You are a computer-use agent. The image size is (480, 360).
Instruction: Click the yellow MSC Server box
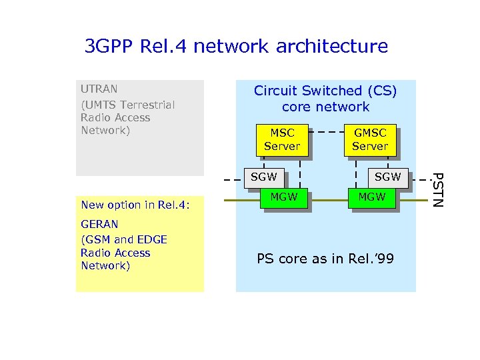[282, 139]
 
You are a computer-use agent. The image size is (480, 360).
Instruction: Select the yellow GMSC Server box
[370, 139]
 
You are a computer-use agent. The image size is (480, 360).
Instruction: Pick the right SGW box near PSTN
[387, 177]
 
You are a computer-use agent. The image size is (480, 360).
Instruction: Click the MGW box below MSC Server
[284, 197]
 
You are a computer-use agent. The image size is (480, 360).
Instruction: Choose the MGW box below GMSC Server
[371, 197]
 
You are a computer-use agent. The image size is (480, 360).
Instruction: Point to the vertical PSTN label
[436, 189]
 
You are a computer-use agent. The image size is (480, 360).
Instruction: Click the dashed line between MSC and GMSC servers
[326, 132]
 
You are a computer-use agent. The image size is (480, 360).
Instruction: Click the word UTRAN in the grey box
[99, 89]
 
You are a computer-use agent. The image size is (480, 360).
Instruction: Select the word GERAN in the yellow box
[99, 225]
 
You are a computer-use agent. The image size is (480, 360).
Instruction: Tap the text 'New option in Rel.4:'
[135, 205]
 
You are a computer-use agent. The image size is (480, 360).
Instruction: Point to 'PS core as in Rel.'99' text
[325, 259]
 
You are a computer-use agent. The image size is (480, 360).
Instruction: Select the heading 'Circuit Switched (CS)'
[325, 91]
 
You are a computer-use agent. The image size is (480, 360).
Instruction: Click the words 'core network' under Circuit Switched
[325, 107]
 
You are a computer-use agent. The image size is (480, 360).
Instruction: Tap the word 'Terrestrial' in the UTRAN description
[148, 105]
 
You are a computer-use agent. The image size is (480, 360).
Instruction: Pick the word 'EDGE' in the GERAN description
[153, 239]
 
